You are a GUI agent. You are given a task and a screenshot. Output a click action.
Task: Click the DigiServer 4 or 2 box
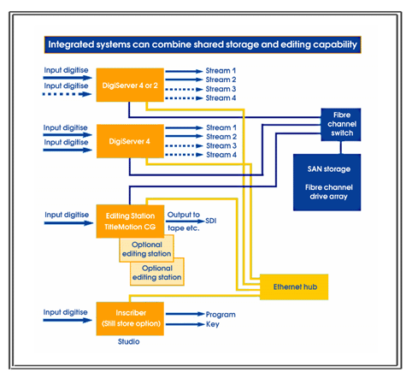[130, 85]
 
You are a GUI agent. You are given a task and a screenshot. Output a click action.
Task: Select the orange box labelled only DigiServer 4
[130, 141]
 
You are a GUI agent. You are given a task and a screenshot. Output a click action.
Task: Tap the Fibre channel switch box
[341, 125]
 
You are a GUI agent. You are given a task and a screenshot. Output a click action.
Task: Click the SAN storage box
[327, 182]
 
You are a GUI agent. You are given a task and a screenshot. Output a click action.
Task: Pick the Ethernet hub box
[294, 287]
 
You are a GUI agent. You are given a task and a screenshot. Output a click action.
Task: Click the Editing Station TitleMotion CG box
[130, 221]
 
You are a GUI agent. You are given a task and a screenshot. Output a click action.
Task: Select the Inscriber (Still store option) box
[130, 319]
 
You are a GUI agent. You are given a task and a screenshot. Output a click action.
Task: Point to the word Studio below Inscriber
[129, 341]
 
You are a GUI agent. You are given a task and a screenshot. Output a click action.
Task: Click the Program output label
[221, 315]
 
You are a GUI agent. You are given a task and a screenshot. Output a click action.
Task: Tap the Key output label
[213, 324]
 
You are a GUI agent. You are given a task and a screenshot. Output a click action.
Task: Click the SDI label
[211, 221]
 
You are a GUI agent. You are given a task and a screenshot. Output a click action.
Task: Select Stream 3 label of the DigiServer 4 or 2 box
[221, 89]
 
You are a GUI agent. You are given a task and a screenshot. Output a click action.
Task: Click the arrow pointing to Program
[185, 314]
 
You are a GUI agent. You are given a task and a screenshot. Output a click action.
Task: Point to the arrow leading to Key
[185, 324]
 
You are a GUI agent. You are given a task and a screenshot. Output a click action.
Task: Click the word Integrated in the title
[71, 44]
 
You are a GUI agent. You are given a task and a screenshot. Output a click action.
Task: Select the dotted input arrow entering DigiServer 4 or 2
[68, 94]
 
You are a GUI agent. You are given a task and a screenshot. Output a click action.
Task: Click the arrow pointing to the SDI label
[185, 221]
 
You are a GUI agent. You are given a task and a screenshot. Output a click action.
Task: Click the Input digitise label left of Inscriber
[65, 312]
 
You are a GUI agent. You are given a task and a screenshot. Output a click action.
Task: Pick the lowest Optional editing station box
[157, 272]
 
